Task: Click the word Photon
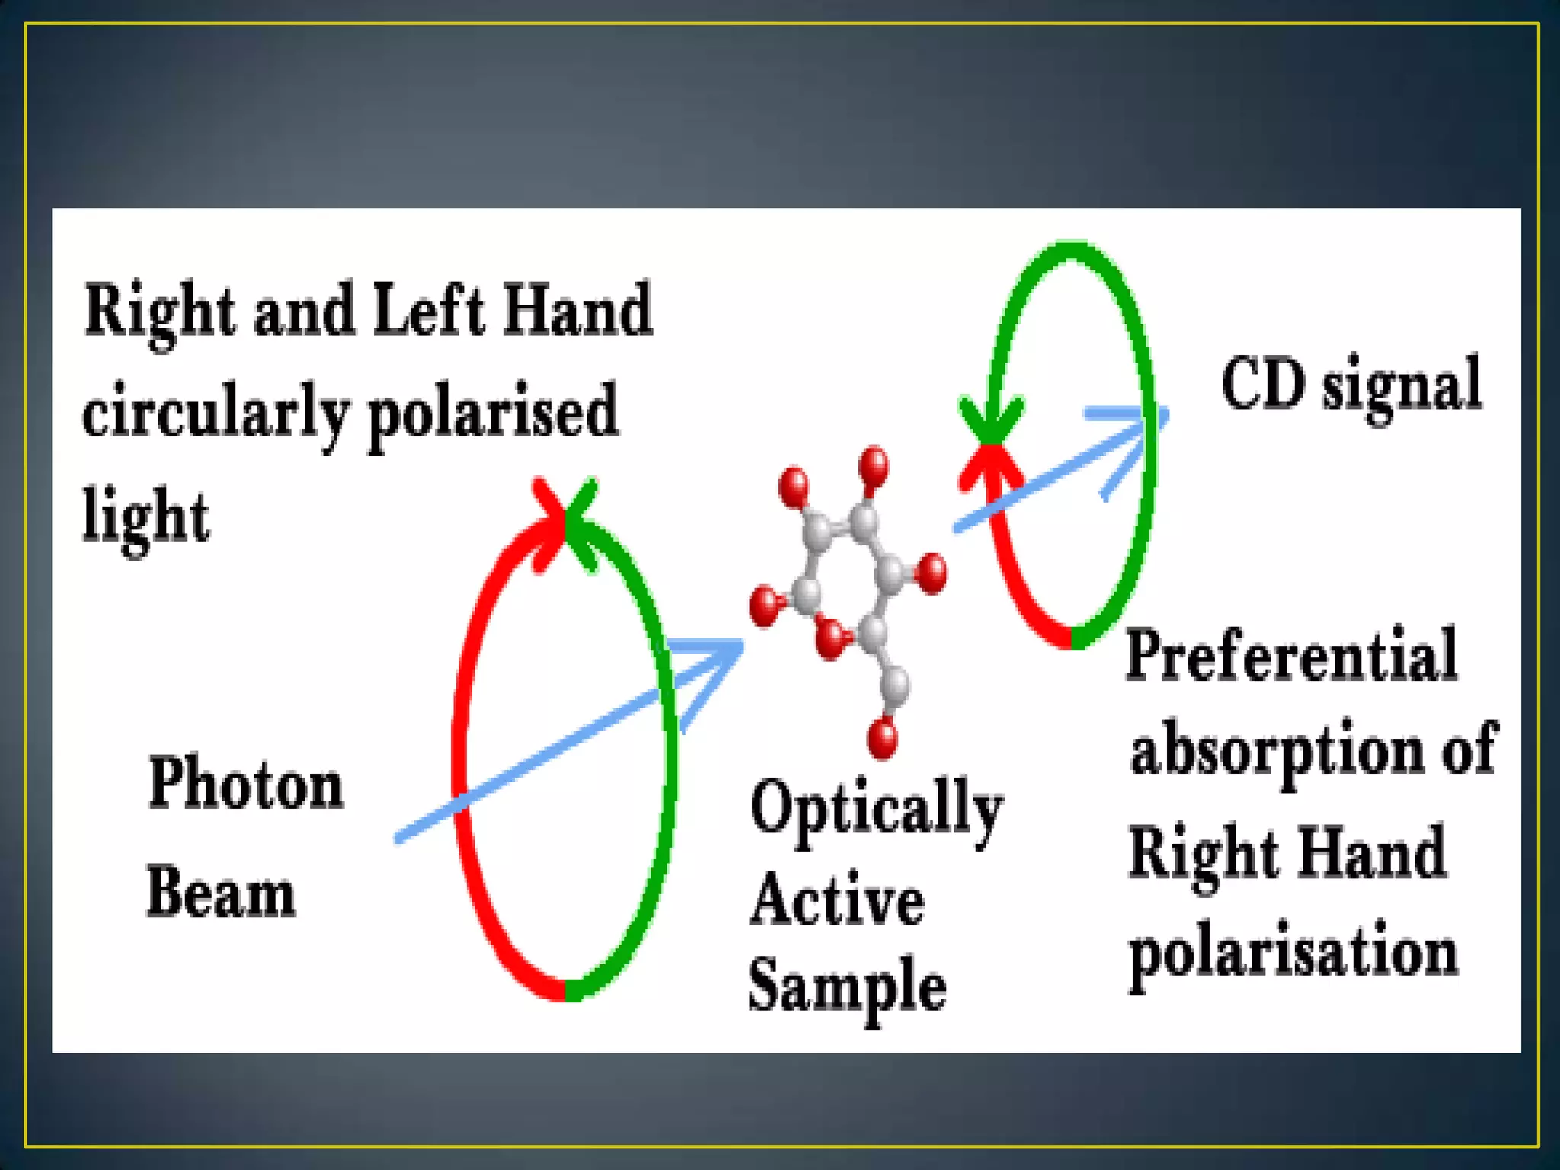[x=245, y=785]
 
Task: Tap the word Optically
[x=876, y=809]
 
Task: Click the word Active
[x=837, y=900]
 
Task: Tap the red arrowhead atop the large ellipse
[x=550, y=522]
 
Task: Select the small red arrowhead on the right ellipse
[x=989, y=465]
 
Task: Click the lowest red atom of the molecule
[x=883, y=737]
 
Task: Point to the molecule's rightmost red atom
[x=932, y=572]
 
